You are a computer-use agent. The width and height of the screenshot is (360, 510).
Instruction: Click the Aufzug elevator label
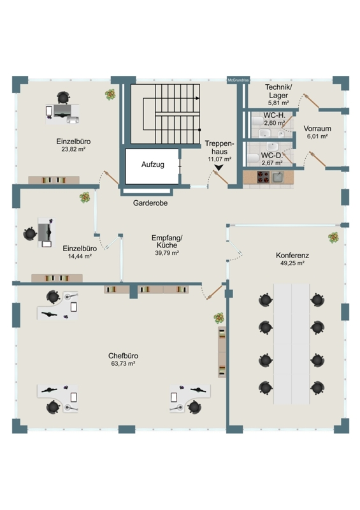(152, 164)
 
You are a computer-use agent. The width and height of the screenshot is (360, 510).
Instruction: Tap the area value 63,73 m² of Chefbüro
(123, 363)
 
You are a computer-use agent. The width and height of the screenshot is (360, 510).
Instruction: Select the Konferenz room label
(292, 256)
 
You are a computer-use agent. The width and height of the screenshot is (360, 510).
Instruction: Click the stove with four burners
(263, 177)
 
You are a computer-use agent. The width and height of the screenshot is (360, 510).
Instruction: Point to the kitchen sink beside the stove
(278, 177)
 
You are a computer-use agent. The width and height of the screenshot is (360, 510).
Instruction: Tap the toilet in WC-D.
(253, 158)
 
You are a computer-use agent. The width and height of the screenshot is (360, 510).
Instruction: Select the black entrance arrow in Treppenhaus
(219, 167)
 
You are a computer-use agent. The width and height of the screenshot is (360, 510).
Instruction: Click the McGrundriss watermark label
(238, 80)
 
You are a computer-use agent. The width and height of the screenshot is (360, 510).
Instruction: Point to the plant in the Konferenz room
(333, 237)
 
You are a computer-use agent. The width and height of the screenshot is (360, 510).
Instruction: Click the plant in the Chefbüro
(219, 317)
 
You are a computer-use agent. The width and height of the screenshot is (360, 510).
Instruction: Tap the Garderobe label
(150, 203)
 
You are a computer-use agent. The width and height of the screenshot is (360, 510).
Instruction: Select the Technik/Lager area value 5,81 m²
(278, 103)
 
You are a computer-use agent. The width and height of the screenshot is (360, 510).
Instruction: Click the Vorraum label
(317, 129)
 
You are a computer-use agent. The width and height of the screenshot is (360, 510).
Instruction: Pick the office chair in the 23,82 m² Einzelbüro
(64, 98)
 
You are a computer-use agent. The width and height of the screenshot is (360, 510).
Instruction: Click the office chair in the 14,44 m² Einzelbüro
(30, 233)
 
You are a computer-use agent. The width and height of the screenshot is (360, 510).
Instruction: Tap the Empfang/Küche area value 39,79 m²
(167, 252)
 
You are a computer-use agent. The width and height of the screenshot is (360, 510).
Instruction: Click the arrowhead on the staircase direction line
(198, 98)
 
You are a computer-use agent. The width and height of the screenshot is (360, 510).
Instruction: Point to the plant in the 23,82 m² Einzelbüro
(111, 94)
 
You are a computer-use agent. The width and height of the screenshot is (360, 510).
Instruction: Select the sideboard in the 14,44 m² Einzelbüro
(57, 278)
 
